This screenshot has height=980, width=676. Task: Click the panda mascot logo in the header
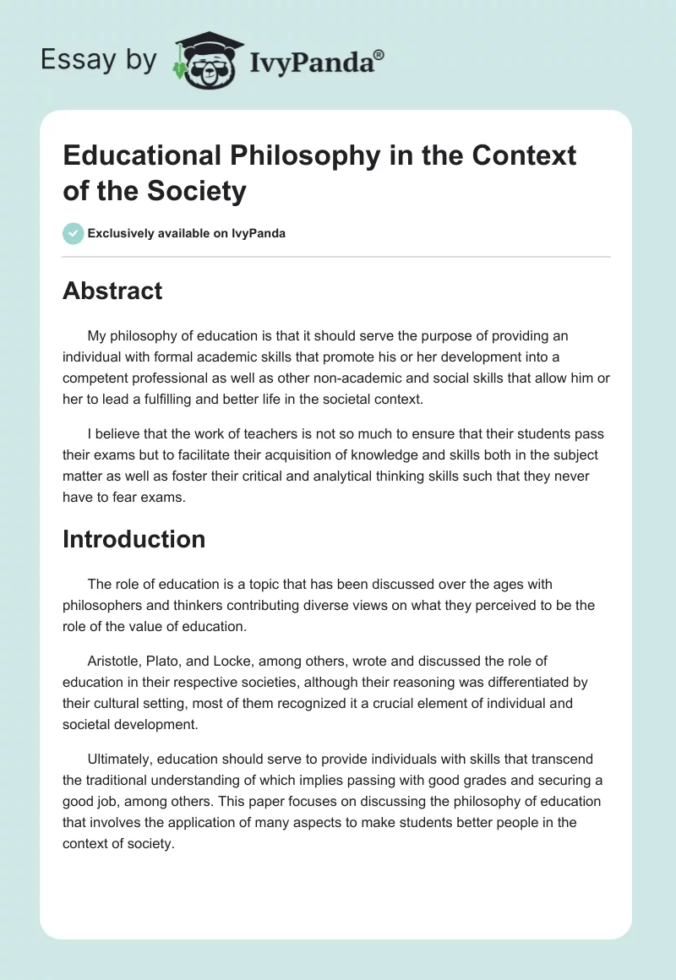206,60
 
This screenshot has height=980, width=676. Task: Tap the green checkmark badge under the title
73,233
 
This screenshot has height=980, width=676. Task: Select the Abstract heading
112,291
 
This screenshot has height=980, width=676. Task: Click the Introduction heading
134,539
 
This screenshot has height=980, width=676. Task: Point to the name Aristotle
116,661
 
